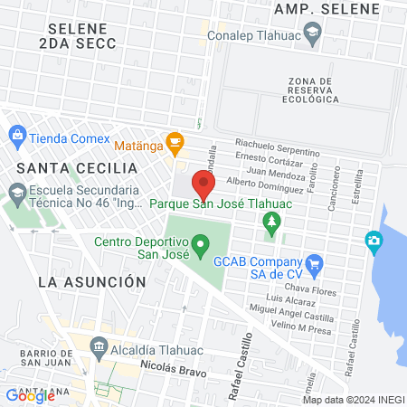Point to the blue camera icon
pos(373,241)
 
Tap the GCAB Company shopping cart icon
pos(315,265)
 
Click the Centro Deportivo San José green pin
pos(202,243)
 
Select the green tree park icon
pos(270,221)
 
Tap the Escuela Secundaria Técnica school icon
pos(16,192)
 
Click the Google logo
pos(30,395)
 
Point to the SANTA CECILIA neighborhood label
pos(83,168)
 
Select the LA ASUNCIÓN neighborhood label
pos(92,281)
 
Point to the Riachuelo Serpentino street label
pos(278,144)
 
